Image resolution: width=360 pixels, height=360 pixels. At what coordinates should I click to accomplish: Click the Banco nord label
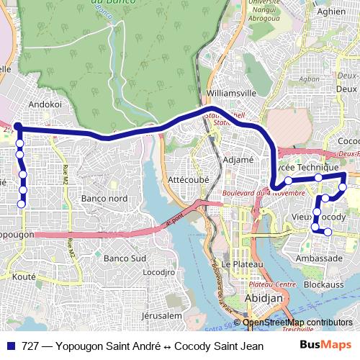coord(104,198)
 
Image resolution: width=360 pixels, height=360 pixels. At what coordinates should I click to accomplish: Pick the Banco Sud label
coord(125,258)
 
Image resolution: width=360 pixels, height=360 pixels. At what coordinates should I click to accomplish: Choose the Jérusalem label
coord(163,315)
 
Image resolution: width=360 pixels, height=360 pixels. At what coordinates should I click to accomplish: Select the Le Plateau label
coord(236,264)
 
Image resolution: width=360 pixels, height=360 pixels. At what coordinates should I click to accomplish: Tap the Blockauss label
coord(320,284)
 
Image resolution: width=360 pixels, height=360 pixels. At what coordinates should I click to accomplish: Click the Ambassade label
coord(320,258)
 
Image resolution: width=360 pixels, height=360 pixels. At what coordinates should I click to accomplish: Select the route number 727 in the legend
coord(30,346)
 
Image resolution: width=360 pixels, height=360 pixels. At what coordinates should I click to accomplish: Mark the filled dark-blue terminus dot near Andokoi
coord(17,127)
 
